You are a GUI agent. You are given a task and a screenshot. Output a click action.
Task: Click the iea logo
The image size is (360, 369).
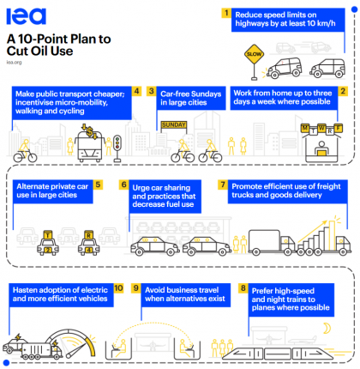(x=26, y=16)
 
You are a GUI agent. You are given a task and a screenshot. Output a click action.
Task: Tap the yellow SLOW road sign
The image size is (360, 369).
(x=254, y=54)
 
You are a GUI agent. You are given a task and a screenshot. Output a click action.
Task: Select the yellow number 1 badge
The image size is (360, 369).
(x=226, y=13)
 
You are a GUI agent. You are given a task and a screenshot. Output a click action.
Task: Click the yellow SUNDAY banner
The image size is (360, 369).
(x=174, y=124)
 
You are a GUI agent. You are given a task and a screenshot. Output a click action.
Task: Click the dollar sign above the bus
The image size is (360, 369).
(x=90, y=132)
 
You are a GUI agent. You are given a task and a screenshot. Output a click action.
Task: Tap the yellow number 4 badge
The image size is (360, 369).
(x=137, y=91)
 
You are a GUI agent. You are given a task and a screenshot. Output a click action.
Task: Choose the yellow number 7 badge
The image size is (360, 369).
(x=223, y=184)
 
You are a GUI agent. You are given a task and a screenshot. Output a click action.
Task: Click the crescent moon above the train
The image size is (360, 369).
(x=327, y=329)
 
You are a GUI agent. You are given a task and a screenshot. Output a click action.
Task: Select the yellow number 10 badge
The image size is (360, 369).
(x=118, y=288)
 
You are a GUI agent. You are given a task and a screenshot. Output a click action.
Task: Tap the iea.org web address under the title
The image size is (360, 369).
(x=14, y=63)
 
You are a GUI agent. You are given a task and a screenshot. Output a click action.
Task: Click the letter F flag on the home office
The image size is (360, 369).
(x=339, y=129)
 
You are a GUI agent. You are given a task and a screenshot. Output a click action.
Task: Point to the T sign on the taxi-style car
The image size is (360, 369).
(x=48, y=235)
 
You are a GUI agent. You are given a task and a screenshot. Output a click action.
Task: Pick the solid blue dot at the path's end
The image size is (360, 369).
(x=6, y=363)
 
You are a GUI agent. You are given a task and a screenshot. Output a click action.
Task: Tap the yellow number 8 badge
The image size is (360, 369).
(x=243, y=288)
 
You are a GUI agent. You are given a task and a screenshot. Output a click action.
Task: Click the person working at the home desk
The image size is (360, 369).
(x=321, y=148)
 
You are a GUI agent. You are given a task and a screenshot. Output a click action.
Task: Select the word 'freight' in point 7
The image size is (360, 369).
(x=328, y=186)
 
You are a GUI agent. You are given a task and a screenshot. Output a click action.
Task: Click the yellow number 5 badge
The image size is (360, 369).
(x=98, y=184)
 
